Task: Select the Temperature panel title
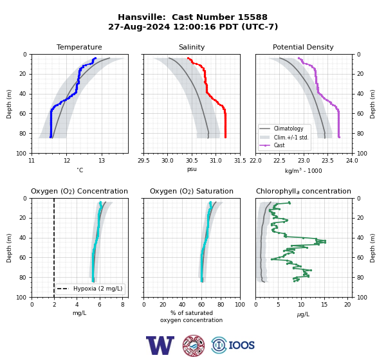pos(79,47)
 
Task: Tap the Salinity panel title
pos(192,47)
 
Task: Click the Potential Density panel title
pos(303,47)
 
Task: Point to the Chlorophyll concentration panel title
pos(304,191)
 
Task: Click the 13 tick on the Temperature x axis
pos(102,161)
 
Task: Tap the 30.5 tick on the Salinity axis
pos(192,161)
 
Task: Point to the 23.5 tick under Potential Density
pos(328,161)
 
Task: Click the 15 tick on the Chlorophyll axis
pos(324,305)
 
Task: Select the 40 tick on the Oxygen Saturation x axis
pos(182,305)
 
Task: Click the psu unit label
pos(192,169)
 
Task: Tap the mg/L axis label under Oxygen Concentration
pos(79,313)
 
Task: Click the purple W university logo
pos(160,345)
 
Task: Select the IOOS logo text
pos(241,345)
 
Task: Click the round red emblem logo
pos(194,345)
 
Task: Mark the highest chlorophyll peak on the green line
pos(325,242)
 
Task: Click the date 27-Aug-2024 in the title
pos(139,26)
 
